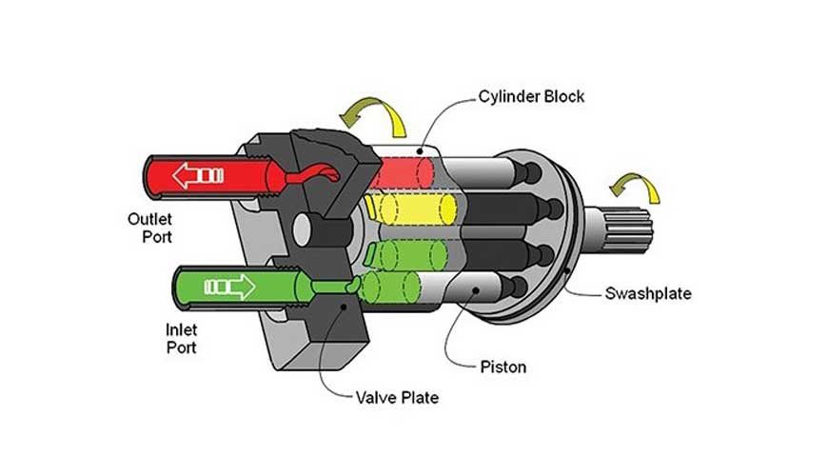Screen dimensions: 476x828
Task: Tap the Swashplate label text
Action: click(648, 292)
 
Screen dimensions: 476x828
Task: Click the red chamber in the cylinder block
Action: click(404, 169)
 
